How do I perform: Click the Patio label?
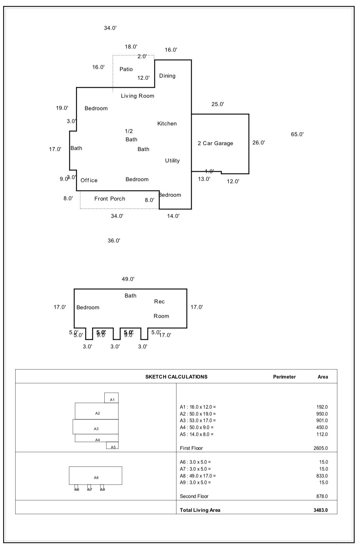click(x=126, y=69)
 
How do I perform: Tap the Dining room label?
click(x=167, y=76)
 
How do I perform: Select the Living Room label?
click(x=137, y=96)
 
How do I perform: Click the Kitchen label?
click(x=167, y=124)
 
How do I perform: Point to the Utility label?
click(x=172, y=161)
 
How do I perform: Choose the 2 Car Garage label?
click(x=215, y=143)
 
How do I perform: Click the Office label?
click(x=89, y=180)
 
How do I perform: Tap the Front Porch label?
click(x=110, y=199)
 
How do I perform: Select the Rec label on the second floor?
click(x=159, y=302)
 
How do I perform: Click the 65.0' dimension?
click(x=297, y=134)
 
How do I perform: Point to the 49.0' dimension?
click(x=128, y=279)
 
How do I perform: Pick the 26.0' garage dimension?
click(x=259, y=143)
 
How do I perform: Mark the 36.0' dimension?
click(x=114, y=241)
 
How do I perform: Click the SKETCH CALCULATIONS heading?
click(x=176, y=377)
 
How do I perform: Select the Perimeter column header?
click(x=284, y=377)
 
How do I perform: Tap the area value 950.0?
click(x=322, y=414)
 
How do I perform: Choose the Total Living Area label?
click(x=200, y=510)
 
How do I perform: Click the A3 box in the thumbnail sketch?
click(x=96, y=429)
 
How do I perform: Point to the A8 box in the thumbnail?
click(x=96, y=477)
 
